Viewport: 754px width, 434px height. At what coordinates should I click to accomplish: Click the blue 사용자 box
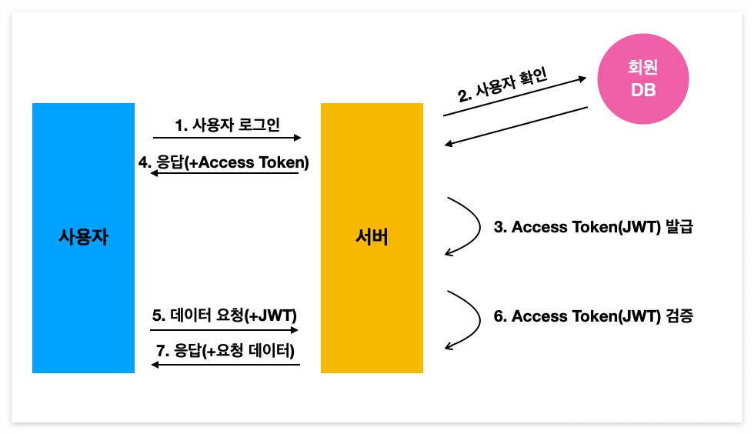coord(83,238)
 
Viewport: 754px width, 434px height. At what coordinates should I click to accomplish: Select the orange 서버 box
coord(372,238)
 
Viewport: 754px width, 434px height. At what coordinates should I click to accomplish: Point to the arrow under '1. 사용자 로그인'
coord(227,138)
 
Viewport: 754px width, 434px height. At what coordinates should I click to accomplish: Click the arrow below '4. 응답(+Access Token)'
coord(224,174)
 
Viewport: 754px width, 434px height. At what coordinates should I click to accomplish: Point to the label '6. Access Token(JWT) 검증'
coord(593,316)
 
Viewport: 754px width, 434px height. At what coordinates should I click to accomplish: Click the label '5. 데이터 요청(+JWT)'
coord(224,315)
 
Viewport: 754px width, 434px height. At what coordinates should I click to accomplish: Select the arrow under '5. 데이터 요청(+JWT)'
coord(224,330)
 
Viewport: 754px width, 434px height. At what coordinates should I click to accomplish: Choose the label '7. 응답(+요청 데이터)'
coord(225,351)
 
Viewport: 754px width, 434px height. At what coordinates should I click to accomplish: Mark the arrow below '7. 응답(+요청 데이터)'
coord(225,365)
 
